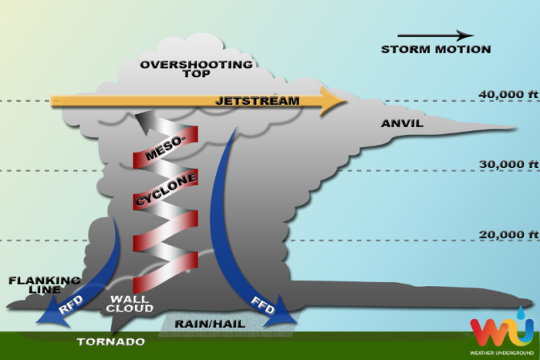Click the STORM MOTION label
(x=436, y=49)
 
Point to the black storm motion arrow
(x=436, y=35)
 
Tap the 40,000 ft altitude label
(x=508, y=94)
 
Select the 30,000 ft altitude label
(x=508, y=164)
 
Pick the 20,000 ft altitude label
(x=508, y=234)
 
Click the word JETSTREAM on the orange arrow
(x=257, y=101)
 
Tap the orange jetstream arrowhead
(x=333, y=102)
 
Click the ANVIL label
(x=402, y=123)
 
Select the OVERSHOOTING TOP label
(x=196, y=69)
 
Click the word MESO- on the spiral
(x=165, y=148)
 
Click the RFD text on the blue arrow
(x=71, y=305)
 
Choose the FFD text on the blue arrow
(x=263, y=305)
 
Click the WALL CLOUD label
(x=130, y=304)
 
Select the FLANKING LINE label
(x=45, y=285)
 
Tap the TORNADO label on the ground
(x=111, y=341)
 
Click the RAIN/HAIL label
(x=210, y=324)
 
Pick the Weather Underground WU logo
(x=502, y=331)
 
